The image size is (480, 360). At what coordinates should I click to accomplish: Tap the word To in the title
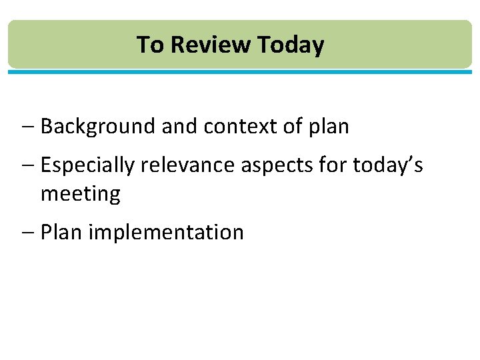[x=150, y=45]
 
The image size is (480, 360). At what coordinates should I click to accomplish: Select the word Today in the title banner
[x=291, y=45]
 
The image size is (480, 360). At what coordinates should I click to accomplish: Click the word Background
[x=98, y=127]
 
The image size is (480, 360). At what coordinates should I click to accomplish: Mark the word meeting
[x=81, y=194]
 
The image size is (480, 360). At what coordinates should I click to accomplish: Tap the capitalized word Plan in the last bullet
[x=61, y=233]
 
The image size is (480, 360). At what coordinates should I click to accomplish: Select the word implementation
[x=166, y=233]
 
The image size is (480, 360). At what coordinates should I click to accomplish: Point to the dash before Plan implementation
[x=31, y=233]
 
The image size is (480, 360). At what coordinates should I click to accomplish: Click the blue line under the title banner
[x=240, y=71]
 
